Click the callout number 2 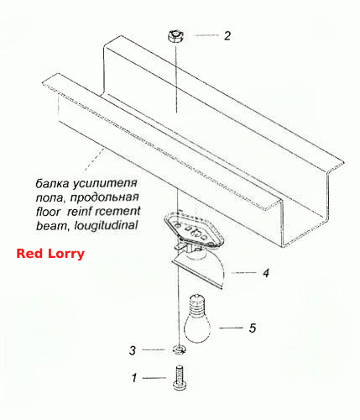tap(227, 36)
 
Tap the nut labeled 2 tap(175, 37)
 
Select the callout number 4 tap(266, 273)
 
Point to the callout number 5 tap(253, 328)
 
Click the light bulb tap(197, 318)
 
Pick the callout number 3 tap(133, 350)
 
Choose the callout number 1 tap(134, 378)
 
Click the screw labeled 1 tap(180, 378)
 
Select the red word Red tap(29, 254)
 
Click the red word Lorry tap(66, 255)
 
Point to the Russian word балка tap(52, 183)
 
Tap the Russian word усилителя tap(105, 184)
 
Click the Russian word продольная tap(104, 197)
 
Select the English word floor tap(48, 212)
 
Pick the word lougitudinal tap(106, 226)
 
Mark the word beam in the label tap(52, 225)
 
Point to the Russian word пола tap(50, 198)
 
